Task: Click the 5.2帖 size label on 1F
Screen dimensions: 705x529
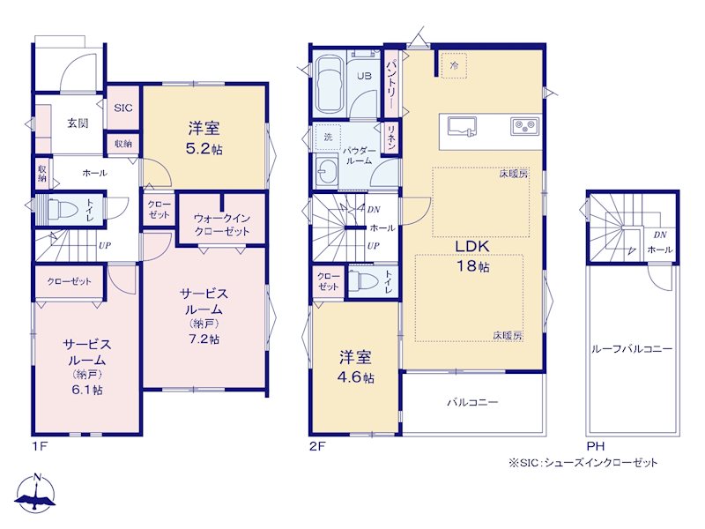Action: coord(204,149)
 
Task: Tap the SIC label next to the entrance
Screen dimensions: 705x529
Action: coord(123,108)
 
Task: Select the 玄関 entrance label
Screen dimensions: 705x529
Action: coord(78,123)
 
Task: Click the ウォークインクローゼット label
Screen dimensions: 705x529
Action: coord(222,225)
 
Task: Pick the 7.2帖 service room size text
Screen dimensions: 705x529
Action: coord(204,339)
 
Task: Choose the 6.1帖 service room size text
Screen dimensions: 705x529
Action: coord(86,390)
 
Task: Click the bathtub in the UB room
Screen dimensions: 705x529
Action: coord(329,86)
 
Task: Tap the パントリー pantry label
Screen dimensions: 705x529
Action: coord(391,83)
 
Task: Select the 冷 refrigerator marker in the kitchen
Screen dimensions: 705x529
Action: coord(454,66)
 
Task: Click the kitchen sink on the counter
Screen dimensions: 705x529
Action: coord(462,125)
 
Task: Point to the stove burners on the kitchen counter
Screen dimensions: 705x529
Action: coord(524,126)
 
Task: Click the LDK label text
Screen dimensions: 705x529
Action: coord(472,247)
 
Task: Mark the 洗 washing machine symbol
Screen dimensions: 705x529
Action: coord(328,137)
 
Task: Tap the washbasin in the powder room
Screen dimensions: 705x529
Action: coord(327,171)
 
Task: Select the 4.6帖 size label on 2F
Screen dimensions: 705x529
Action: coord(355,377)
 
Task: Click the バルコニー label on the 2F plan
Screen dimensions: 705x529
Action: coord(472,402)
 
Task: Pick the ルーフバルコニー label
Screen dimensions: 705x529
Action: coord(632,349)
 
